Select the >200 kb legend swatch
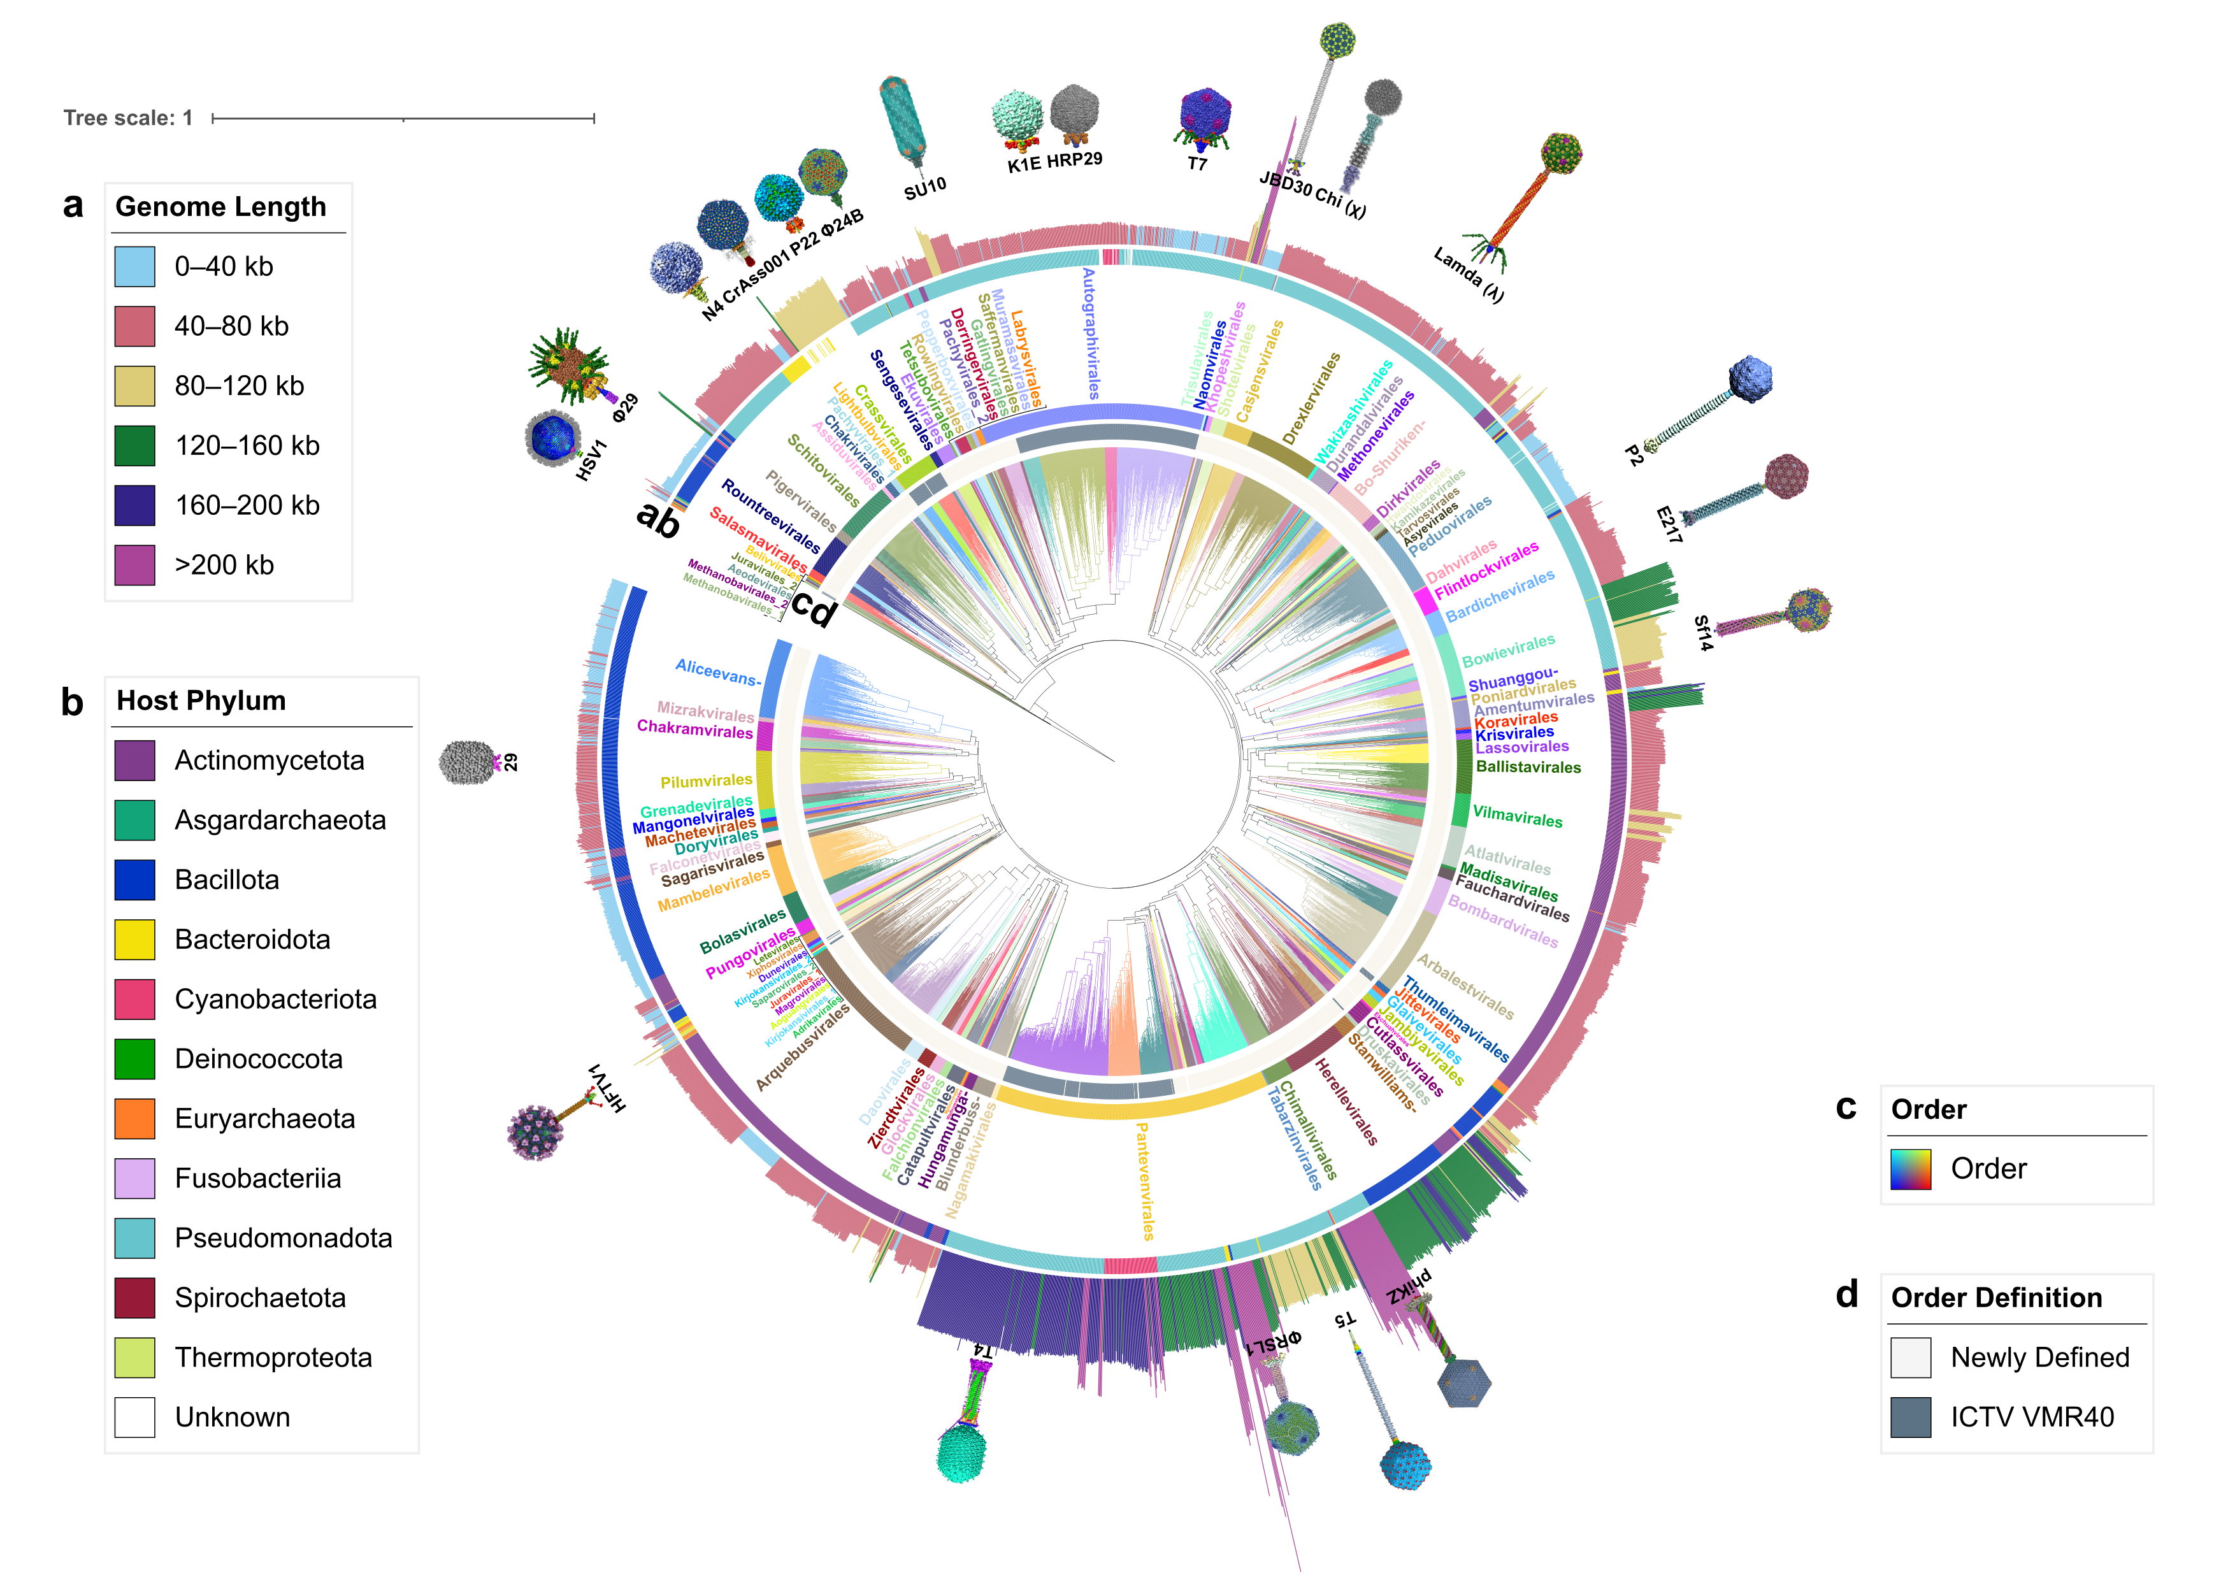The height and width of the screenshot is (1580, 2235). (134, 564)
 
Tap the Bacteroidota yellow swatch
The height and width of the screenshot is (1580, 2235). (134, 940)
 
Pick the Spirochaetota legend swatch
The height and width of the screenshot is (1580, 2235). (134, 1298)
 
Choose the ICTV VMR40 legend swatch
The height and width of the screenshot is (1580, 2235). (1910, 1416)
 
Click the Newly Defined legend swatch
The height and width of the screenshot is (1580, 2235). (1910, 1357)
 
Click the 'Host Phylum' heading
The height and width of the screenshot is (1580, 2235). (201, 701)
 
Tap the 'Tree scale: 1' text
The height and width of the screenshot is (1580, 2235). (127, 118)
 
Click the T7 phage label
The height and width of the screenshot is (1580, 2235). (1197, 164)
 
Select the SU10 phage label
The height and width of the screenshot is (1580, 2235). (924, 188)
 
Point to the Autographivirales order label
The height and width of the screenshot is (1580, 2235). (1091, 334)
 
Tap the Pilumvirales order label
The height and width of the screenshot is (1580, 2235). (706, 780)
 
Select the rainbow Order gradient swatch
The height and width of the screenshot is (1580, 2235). (1910, 1168)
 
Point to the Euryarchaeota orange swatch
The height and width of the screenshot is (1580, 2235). (134, 1119)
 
